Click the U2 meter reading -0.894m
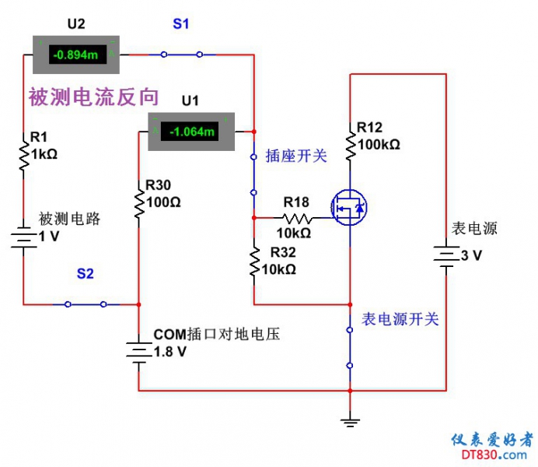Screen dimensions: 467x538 [x=75, y=54]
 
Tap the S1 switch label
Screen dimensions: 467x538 [x=180, y=24]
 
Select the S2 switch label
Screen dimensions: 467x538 [x=86, y=274]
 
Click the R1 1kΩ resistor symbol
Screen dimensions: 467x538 [x=23, y=153]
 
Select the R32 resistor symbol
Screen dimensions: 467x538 [x=254, y=262]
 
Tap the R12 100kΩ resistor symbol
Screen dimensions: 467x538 [x=350, y=143]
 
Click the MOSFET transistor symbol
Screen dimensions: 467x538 [x=348, y=208]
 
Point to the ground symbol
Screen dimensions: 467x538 [x=351, y=422]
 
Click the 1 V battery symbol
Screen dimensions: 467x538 [x=23, y=237]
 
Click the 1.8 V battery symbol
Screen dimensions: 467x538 [x=138, y=351]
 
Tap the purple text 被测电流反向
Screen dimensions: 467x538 [x=93, y=97]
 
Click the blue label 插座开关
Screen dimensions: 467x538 [x=296, y=156]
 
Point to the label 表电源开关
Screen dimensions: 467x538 [x=400, y=319]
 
